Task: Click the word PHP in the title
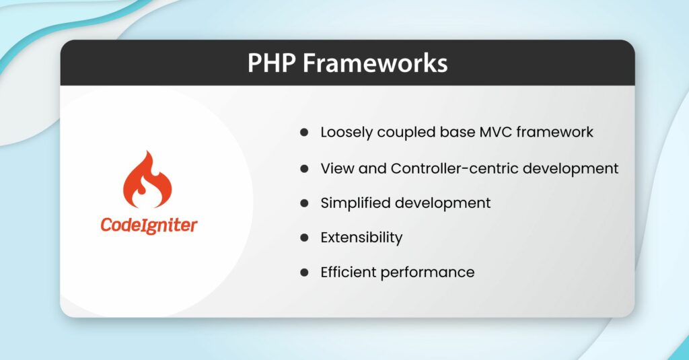(270, 63)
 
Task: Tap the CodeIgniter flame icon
(147, 180)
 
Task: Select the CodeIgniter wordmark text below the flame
(149, 225)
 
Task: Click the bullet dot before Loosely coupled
(304, 133)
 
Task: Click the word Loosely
(346, 133)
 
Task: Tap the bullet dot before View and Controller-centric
(304, 168)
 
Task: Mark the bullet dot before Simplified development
(304, 203)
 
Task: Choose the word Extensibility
(361, 238)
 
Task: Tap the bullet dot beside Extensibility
(304, 238)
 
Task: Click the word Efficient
(349, 273)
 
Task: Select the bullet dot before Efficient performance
(304, 273)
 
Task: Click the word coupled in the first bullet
(403, 133)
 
